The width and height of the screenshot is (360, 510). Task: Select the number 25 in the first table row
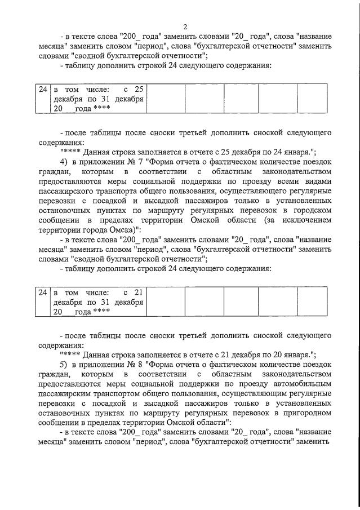[x=139, y=89]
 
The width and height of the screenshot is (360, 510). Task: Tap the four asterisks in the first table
[x=101, y=108]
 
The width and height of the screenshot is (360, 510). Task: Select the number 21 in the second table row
[x=139, y=292]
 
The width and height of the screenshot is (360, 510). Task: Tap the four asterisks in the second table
[x=101, y=312]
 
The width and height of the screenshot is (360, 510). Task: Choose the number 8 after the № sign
[x=135, y=365]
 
